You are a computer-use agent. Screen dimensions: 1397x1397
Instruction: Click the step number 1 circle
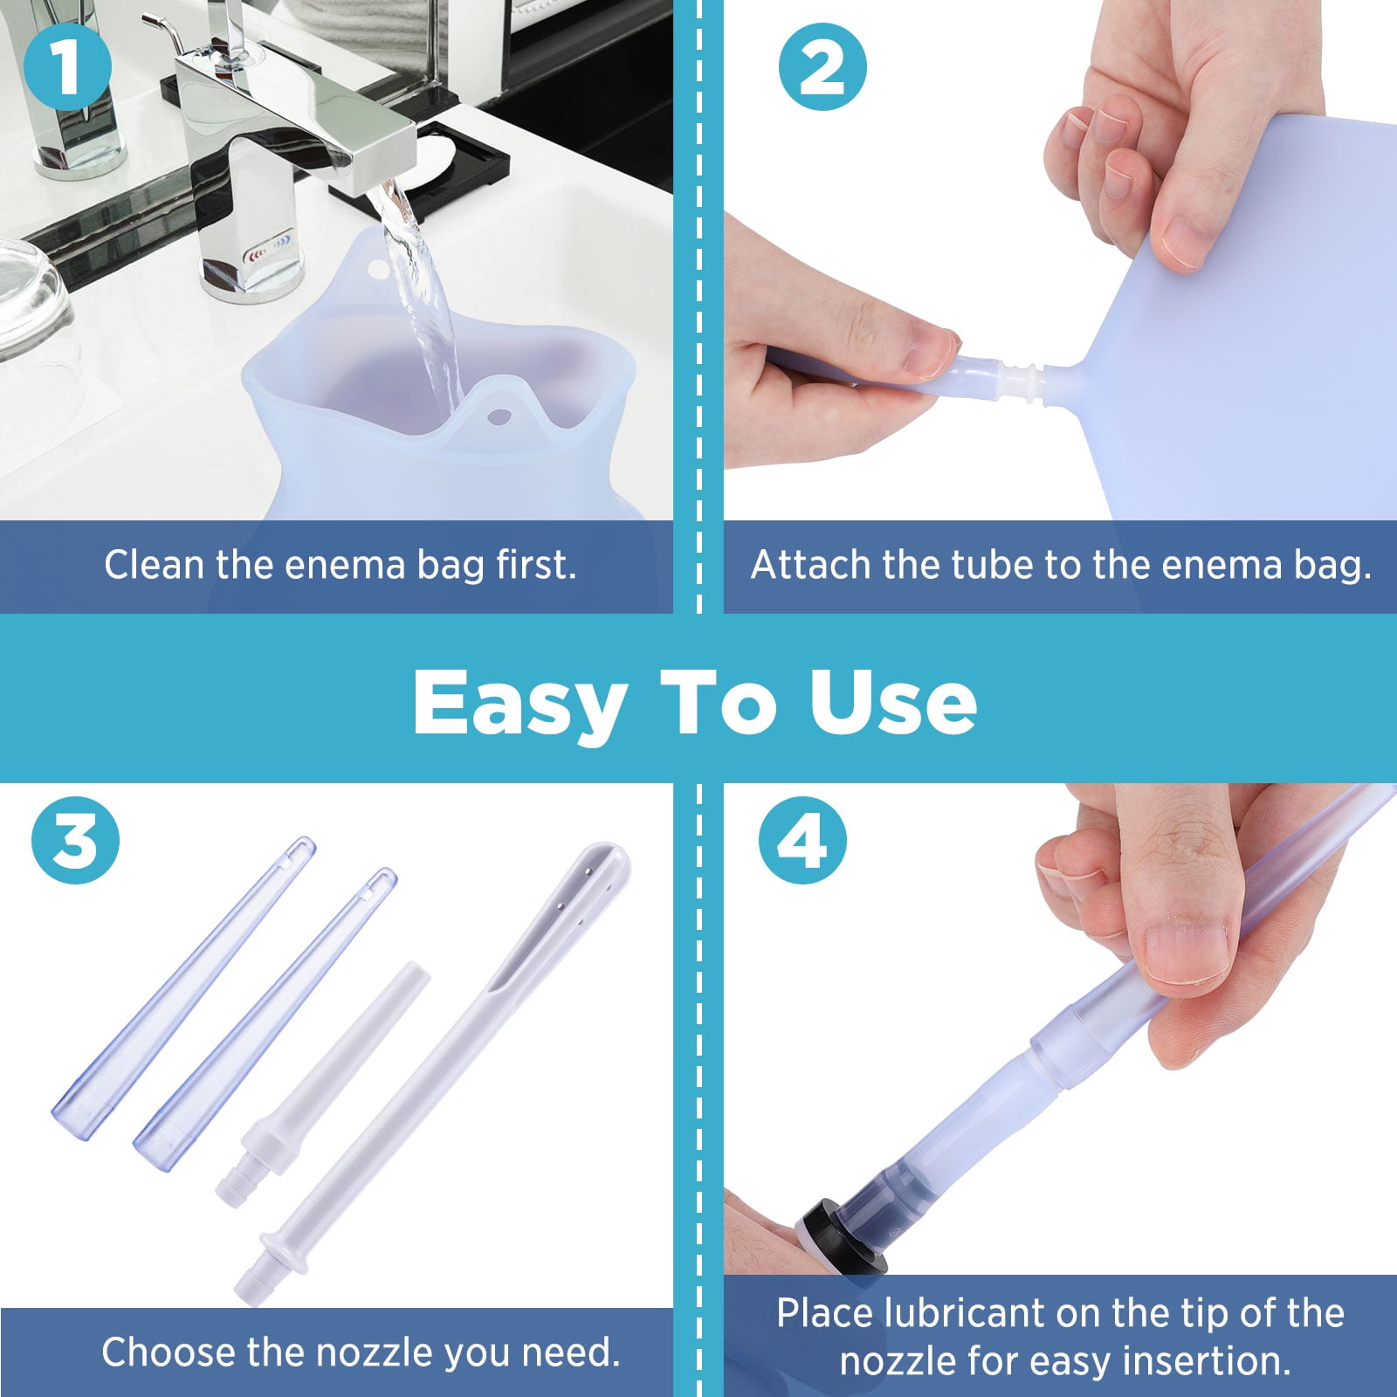click(x=68, y=66)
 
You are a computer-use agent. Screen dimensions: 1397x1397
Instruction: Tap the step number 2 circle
click(x=822, y=66)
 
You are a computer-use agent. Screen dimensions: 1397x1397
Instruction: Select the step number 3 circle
click(x=75, y=840)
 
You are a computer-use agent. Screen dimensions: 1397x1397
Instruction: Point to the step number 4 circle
click(x=802, y=840)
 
